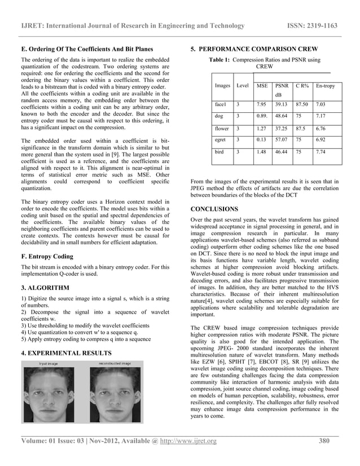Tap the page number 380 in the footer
point(323,441)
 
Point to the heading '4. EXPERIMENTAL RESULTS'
point(65,353)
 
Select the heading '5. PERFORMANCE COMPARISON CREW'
point(254,49)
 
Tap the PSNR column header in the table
point(282,86)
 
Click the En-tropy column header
point(325,86)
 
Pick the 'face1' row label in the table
point(221,104)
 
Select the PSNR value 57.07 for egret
point(282,139)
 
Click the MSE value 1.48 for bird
point(261,152)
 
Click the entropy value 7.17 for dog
point(321,116)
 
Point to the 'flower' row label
point(222,128)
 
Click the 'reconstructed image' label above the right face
point(118,363)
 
